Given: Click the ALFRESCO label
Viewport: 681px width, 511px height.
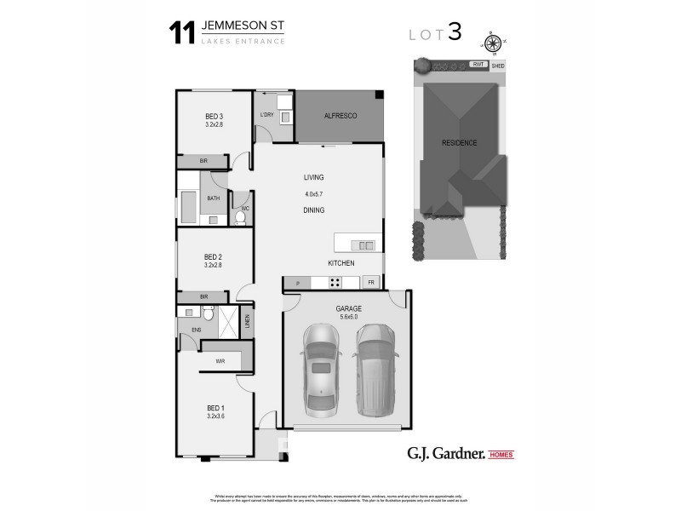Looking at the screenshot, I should [x=340, y=115].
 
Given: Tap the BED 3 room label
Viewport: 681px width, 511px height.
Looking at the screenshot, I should [x=214, y=117].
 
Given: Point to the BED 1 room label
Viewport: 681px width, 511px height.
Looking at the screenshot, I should [x=215, y=408].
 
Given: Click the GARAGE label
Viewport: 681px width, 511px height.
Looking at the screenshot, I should [x=348, y=308].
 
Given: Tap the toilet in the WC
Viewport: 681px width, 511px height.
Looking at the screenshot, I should [x=240, y=217].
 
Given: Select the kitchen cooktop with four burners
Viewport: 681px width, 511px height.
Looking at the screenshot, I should [x=335, y=283].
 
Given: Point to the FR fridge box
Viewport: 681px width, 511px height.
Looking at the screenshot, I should [x=371, y=283].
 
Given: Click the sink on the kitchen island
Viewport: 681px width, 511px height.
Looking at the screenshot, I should [x=366, y=245].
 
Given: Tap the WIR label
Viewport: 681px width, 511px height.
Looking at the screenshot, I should [x=220, y=361].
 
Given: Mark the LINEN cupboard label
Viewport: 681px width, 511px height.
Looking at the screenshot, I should [x=247, y=322].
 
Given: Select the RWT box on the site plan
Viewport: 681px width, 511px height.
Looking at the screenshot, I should [x=479, y=65].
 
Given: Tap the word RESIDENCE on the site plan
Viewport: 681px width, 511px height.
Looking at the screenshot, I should [x=459, y=142].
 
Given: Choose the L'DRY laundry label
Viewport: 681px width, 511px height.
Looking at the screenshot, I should [x=266, y=115].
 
